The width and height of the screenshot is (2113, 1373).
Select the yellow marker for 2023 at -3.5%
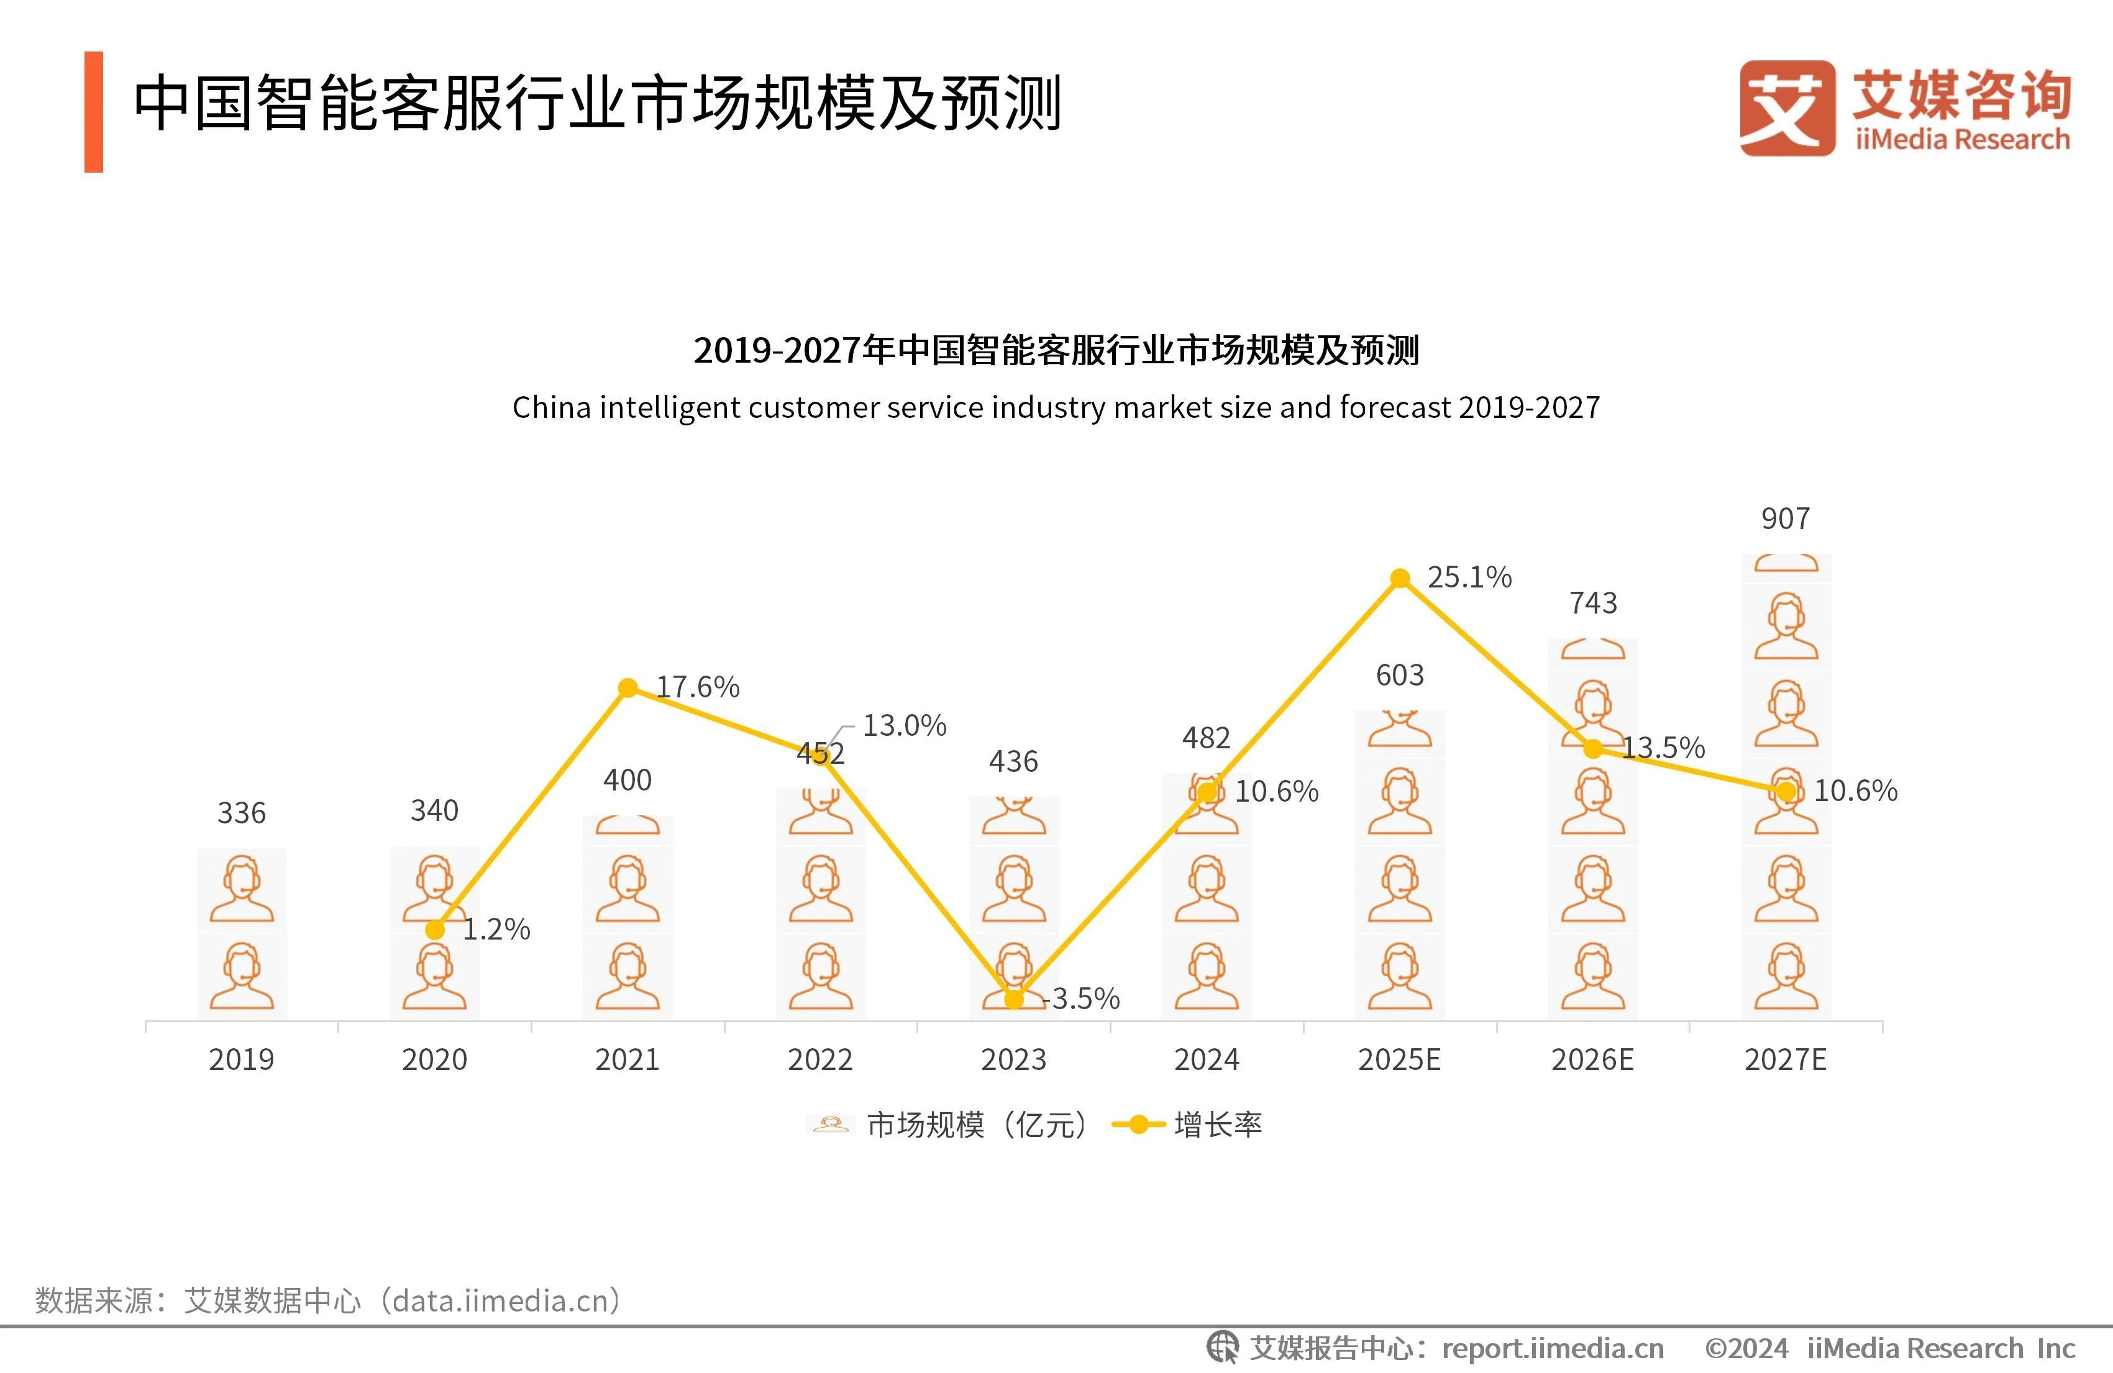point(1014,999)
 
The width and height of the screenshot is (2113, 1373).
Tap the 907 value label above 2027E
point(1786,519)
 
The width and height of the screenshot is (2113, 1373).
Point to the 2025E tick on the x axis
point(1399,1059)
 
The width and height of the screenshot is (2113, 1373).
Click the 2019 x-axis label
point(242,1059)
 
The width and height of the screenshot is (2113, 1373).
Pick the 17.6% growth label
point(698,687)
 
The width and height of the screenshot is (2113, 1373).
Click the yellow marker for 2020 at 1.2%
point(435,929)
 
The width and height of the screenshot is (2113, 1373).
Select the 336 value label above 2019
point(242,813)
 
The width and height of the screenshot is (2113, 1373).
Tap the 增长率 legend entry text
point(1218,1125)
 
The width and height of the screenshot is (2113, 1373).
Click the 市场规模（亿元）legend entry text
point(977,1125)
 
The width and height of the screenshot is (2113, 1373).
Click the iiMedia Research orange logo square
point(1787,108)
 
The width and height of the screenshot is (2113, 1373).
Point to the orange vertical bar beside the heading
point(94,112)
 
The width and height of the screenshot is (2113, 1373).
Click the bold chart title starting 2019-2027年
point(1056,351)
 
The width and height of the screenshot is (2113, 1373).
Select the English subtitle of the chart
point(1056,407)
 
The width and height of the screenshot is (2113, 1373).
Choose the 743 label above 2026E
point(1593,604)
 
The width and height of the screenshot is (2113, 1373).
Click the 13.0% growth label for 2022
point(905,726)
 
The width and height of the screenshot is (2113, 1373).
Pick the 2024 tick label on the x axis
point(1207,1059)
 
